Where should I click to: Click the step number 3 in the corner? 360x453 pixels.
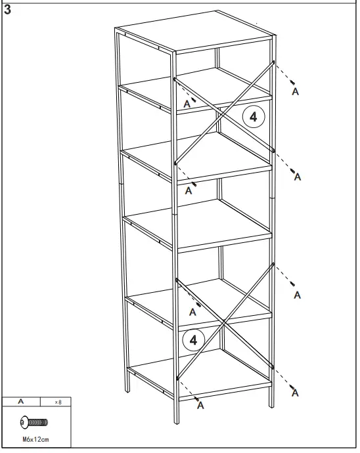(8, 9)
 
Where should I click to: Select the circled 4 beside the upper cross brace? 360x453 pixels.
(254, 117)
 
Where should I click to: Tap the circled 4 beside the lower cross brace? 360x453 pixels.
(193, 339)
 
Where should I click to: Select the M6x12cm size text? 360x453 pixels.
(34, 439)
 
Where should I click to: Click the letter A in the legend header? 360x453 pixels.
(21, 400)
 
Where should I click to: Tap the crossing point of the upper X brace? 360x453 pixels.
(224, 111)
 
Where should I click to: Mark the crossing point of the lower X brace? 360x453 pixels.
(224, 324)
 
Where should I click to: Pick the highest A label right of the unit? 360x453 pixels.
(295, 92)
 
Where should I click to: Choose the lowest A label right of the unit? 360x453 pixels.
(295, 393)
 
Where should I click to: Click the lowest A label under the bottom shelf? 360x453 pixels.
(200, 405)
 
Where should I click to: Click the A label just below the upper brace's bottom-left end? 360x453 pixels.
(189, 190)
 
